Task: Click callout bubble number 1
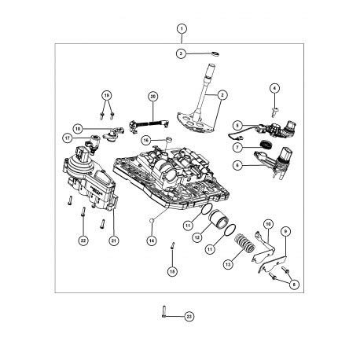[182, 29]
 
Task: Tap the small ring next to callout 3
[215, 54]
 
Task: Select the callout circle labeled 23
[189, 317]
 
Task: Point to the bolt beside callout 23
[163, 312]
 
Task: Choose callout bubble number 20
[153, 97]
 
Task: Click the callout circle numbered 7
[237, 148]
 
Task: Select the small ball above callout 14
[152, 222]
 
